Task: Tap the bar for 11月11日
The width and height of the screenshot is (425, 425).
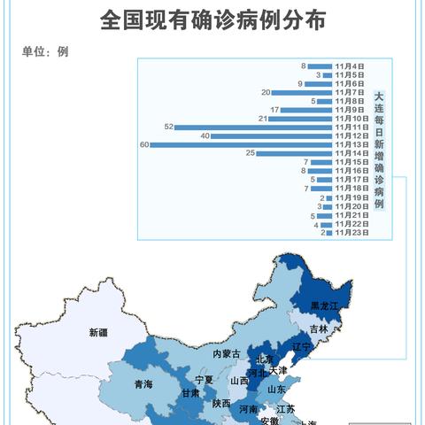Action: click(x=254, y=127)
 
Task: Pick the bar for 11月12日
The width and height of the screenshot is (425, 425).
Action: click(x=272, y=135)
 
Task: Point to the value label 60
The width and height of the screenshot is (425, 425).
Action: click(x=143, y=144)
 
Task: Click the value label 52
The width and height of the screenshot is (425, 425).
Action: click(x=168, y=127)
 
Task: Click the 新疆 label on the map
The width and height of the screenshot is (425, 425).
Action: click(x=97, y=333)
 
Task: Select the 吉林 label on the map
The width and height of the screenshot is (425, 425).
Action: click(x=319, y=328)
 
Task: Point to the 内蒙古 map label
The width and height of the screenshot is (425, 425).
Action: click(x=226, y=353)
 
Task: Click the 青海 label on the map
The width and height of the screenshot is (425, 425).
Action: click(x=143, y=384)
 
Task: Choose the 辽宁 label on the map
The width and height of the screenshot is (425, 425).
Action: click(x=302, y=346)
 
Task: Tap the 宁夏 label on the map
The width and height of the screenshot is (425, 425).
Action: click(x=205, y=379)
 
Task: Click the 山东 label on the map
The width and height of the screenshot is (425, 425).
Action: click(x=277, y=389)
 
